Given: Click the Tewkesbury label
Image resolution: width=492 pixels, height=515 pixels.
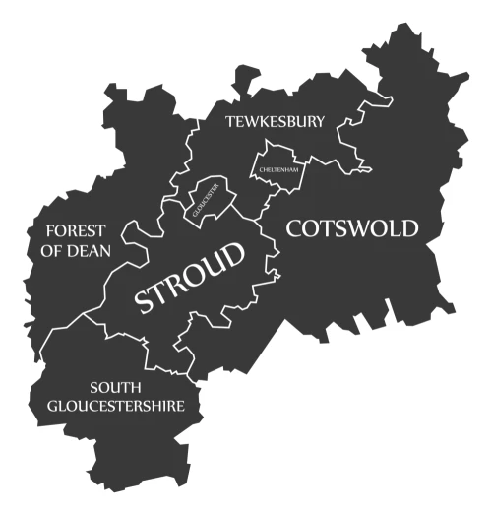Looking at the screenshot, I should click(275, 122).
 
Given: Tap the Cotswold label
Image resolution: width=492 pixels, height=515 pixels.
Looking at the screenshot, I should click(352, 229).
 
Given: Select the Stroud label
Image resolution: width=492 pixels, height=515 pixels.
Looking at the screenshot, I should click(191, 278).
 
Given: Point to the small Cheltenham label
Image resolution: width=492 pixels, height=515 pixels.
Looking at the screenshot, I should click(278, 169).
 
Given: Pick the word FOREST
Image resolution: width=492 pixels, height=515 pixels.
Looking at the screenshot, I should click(75, 231).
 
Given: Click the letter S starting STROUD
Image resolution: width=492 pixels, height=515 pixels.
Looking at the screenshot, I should click(144, 300).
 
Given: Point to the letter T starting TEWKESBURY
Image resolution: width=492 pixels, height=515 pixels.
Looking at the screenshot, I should click(229, 123).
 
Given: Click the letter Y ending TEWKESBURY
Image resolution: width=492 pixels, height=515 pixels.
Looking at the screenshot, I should click(319, 122).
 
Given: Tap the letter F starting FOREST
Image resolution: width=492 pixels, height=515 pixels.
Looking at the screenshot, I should click(49, 231).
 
